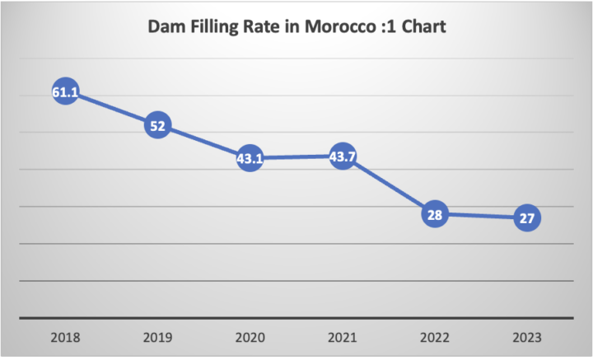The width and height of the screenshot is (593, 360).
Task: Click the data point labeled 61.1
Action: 65,92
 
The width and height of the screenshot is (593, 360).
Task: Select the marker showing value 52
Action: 157,126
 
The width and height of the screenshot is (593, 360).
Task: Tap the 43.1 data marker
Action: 250,159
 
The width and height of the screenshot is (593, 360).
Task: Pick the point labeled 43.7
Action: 342,157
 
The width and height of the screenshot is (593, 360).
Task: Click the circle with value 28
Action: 435,215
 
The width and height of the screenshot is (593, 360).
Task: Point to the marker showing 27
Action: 527,219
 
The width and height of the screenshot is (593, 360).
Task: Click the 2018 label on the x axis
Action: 65,337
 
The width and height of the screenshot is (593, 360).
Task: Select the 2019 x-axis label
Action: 157,337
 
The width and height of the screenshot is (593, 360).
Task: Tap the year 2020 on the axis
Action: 250,337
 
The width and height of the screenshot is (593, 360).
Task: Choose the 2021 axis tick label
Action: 342,337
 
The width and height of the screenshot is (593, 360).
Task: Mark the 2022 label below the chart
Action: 435,337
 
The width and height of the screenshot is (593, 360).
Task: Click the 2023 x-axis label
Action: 527,337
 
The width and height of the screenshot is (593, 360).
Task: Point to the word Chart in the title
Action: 421,27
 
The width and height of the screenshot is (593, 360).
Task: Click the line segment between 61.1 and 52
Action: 111,109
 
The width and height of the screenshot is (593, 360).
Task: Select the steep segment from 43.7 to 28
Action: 388,186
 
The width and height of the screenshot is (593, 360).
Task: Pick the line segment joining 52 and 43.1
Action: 203,143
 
